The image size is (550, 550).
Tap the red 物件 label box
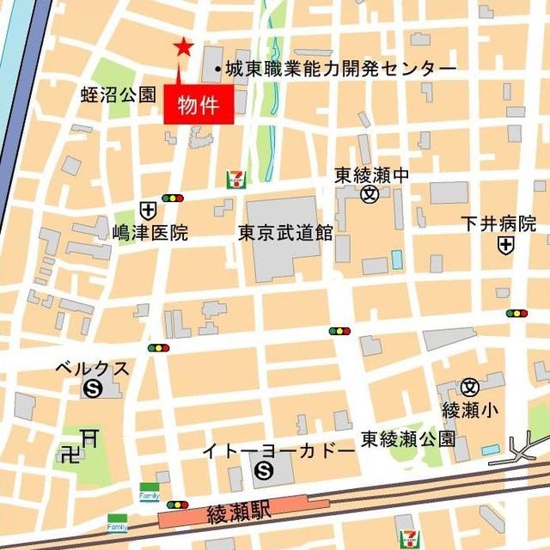(x=199, y=107)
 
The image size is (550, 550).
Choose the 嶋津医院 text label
(x=150, y=232)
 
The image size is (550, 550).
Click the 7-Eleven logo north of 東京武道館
(x=234, y=179)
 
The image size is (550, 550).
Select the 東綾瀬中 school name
(x=371, y=174)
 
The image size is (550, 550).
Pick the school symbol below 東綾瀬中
(x=370, y=195)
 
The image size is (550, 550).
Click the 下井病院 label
(x=498, y=224)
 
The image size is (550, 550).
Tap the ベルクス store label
(x=92, y=369)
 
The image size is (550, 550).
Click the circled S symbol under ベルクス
(x=92, y=389)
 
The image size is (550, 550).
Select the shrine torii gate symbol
(x=88, y=437)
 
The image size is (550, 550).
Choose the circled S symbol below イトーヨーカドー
(x=264, y=470)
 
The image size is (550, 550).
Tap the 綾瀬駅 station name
(x=239, y=514)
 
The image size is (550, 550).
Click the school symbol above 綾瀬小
(x=469, y=387)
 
